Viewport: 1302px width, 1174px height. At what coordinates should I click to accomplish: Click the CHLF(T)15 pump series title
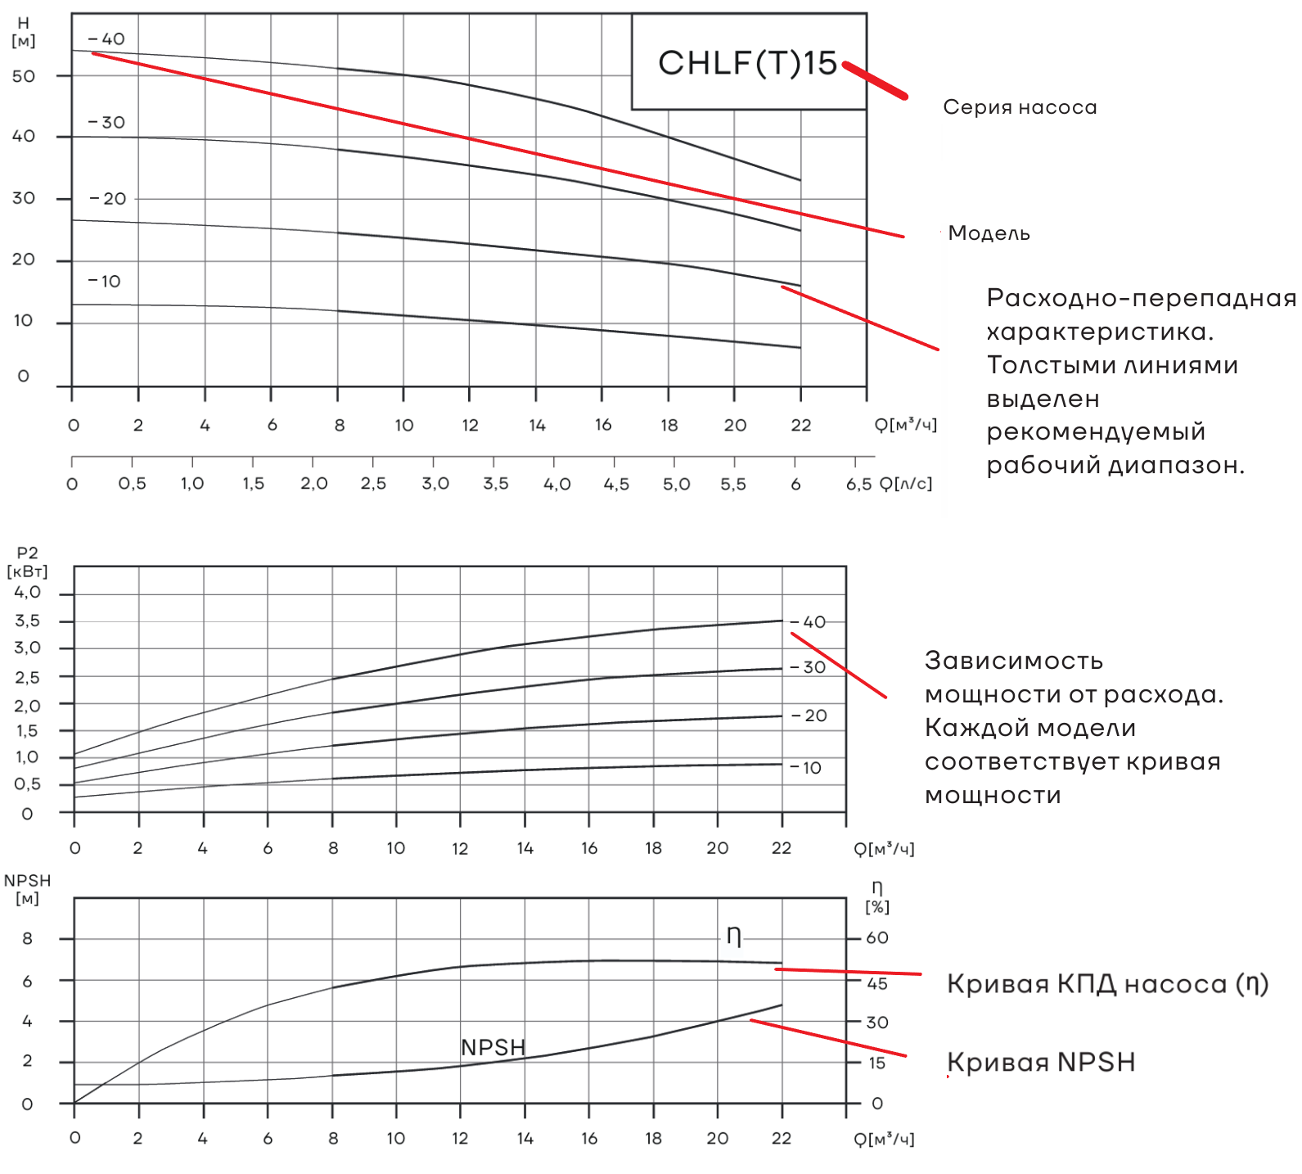tap(748, 63)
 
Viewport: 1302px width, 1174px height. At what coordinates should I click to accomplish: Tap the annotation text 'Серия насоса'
tap(1020, 107)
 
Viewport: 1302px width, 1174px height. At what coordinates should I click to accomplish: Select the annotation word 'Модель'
tap(989, 234)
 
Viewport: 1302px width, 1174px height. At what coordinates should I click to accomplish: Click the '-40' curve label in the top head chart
tap(107, 39)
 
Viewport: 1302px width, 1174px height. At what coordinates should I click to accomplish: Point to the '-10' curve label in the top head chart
tap(105, 282)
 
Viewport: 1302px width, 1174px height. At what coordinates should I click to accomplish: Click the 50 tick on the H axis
tap(24, 76)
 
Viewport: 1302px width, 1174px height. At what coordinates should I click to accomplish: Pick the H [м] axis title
tap(23, 32)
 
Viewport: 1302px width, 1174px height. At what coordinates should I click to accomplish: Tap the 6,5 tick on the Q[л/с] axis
tap(858, 485)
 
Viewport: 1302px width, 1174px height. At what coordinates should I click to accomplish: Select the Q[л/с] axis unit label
tap(906, 485)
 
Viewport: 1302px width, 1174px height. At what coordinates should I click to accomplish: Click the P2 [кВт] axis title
tap(27, 562)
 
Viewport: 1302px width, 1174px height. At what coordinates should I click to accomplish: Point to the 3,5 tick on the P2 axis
tap(27, 621)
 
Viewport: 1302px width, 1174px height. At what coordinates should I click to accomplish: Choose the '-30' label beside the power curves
tap(809, 667)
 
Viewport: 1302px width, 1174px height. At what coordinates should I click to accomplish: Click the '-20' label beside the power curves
tap(810, 716)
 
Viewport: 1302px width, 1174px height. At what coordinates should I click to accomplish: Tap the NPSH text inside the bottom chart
tap(493, 1047)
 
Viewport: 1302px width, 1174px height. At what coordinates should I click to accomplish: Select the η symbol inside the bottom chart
tap(734, 937)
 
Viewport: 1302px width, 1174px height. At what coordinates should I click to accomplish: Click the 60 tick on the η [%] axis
tap(877, 938)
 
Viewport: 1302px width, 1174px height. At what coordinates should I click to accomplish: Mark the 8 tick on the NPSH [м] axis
tap(27, 939)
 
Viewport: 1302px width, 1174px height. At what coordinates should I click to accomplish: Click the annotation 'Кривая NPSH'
tap(1041, 1063)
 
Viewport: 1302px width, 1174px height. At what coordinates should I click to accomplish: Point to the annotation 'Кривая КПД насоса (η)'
tap(1107, 984)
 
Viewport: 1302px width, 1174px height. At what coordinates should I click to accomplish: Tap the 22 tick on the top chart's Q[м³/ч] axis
tap(801, 425)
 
